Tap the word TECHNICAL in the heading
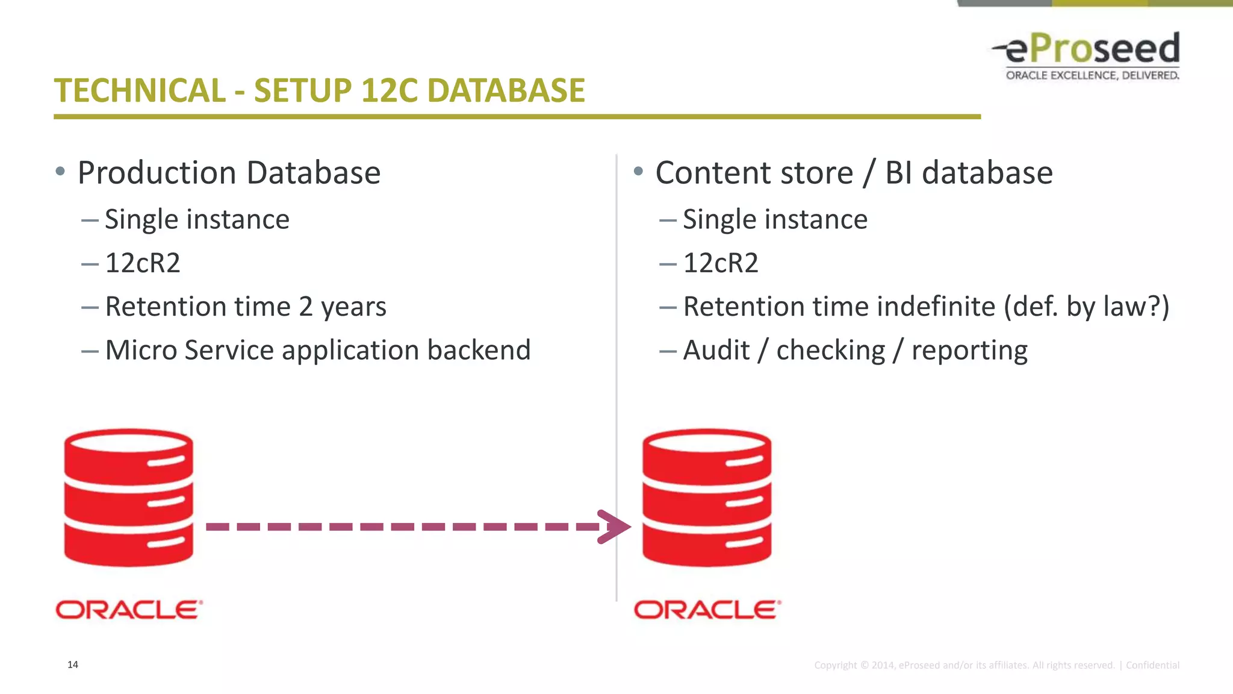click(x=140, y=91)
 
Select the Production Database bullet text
click(x=229, y=173)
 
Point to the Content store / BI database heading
click(x=854, y=173)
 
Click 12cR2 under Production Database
click(x=143, y=263)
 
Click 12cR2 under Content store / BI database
click(x=721, y=263)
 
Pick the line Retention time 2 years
click(x=246, y=307)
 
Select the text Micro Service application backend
click(x=318, y=351)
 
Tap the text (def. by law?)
click(x=1086, y=307)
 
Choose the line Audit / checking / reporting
click(x=855, y=351)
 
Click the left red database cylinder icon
click(x=129, y=498)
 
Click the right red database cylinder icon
click(x=707, y=498)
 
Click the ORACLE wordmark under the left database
click(x=129, y=610)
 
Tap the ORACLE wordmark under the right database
click(x=707, y=610)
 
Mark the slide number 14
click(x=73, y=664)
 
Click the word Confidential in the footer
click(x=1152, y=665)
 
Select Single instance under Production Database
click(x=197, y=219)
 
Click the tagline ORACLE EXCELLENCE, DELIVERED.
click(x=1092, y=75)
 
